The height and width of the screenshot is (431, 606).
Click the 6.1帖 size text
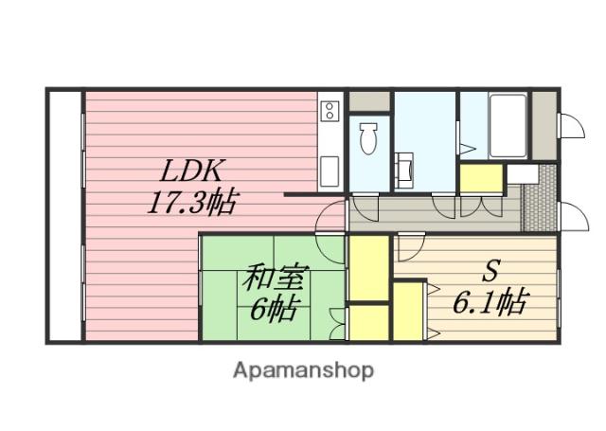489,303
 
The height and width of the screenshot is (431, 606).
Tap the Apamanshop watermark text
303,369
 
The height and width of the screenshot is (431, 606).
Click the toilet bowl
369,139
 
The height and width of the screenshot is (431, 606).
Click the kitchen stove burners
330,111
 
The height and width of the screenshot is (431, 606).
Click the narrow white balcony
65,216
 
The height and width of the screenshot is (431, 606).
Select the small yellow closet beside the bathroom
480,178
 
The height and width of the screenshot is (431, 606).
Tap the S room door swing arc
410,247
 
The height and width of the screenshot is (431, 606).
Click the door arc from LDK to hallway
331,217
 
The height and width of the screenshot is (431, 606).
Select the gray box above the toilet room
368,101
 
